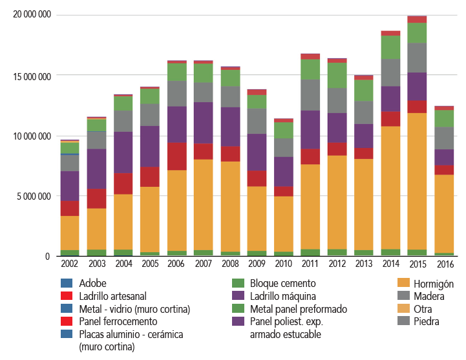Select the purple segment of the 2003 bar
(x=96, y=169)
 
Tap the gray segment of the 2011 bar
(x=311, y=95)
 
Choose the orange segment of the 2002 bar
(x=70, y=233)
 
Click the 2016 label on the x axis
(x=444, y=264)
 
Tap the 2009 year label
(x=257, y=264)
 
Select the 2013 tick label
(x=364, y=264)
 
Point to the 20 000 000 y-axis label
(x=32, y=15)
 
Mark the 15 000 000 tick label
(x=32, y=76)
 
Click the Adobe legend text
(x=92, y=283)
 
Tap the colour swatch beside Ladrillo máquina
(x=238, y=296)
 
